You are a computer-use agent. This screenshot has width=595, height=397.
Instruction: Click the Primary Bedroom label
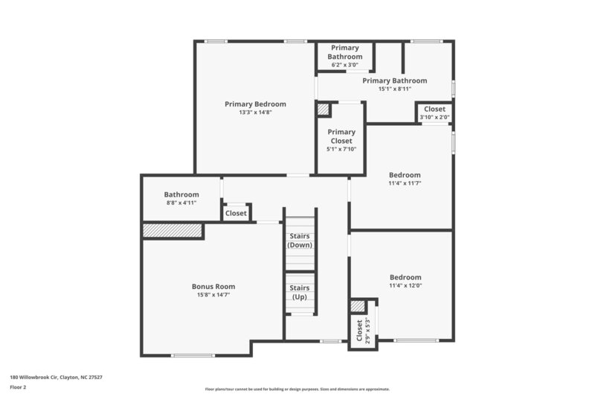point(255,104)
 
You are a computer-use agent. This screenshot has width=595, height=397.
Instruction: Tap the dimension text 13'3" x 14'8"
point(255,112)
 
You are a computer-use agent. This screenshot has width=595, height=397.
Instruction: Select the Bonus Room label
point(213,286)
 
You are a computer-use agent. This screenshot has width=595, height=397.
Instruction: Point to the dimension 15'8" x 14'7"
point(213,295)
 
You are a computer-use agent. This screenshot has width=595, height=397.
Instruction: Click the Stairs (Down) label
point(300,241)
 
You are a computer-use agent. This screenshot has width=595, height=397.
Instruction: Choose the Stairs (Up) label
point(300,292)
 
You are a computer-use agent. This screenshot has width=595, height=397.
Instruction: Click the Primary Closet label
point(341,136)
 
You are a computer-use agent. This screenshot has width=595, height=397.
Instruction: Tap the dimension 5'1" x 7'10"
point(341,149)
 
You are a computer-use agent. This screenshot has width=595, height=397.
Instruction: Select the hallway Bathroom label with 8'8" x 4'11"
point(181,194)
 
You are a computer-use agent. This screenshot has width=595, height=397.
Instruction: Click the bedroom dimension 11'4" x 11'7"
point(405,183)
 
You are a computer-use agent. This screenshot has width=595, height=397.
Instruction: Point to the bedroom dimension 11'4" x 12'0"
point(405,285)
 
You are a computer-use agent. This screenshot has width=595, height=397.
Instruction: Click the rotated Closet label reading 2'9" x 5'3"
point(362,330)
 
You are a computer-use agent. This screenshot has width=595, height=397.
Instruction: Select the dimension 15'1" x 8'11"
point(394,89)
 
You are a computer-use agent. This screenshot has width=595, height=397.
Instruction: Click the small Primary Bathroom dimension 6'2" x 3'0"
point(345,65)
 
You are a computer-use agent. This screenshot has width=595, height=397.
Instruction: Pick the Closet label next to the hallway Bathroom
point(236,213)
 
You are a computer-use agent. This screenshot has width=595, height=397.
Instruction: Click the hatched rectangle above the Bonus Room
point(173,231)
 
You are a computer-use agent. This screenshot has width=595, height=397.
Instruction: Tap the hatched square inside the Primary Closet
point(323,109)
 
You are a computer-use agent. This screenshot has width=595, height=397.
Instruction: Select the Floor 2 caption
point(18,387)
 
